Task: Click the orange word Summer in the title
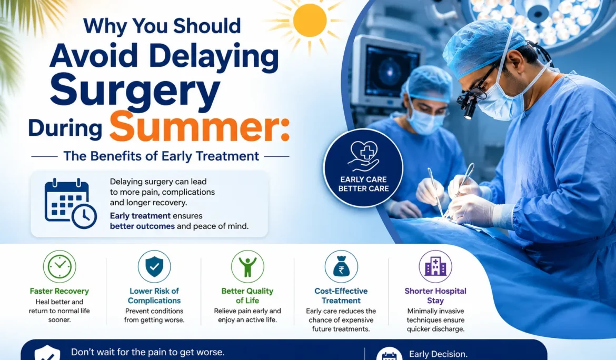click(x=200, y=126)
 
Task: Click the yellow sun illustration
click(x=310, y=21)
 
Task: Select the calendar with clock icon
click(x=71, y=203)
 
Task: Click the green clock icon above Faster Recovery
click(x=59, y=266)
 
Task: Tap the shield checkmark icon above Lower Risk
click(x=154, y=266)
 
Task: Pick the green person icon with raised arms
click(x=247, y=266)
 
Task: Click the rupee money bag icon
click(x=341, y=266)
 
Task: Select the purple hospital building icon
click(x=435, y=266)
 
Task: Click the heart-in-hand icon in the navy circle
click(x=364, y=156)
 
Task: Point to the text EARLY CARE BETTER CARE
click(x=363, y=184)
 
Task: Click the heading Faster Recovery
click(x=59, y=291)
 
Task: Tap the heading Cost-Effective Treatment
click(x=341, y=296)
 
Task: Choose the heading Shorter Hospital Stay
click(x=435, y=296)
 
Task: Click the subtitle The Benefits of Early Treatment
click(x=161, y=156)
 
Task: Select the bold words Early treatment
click(x=140, y=216)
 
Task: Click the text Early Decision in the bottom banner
click(x=438, y=354)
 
